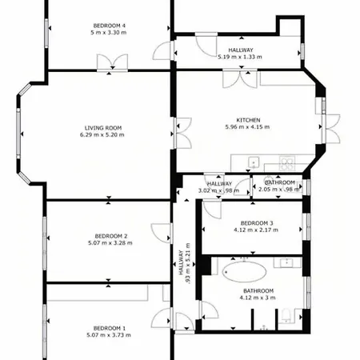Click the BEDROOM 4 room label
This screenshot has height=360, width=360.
coord(110,26)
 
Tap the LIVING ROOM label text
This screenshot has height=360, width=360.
coord(103,128)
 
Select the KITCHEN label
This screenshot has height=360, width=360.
coord(248,120)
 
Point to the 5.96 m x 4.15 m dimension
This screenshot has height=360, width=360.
coord(247,127)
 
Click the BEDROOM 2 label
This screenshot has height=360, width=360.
coord(111,236)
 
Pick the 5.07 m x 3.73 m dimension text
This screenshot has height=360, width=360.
coord(109,335)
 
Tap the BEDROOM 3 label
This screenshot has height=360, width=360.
coord(257,223)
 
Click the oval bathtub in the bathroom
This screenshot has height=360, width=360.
coord(244,272)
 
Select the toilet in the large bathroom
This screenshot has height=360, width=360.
coord(286,316)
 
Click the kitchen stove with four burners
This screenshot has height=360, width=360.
coord(287,163)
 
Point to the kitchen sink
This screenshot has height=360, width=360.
coord(254,162)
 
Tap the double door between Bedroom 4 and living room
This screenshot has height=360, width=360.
coord(112,62)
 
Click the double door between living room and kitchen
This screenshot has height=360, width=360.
coord(183,133)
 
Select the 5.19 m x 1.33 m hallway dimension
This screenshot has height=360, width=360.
coord(240,57)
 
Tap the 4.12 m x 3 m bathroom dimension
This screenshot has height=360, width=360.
coord(258,298)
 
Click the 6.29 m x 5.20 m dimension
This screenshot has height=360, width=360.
coord(102,134)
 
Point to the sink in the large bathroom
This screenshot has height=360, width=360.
coord(287,262)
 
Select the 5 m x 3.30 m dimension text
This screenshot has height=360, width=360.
coord(109,33)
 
